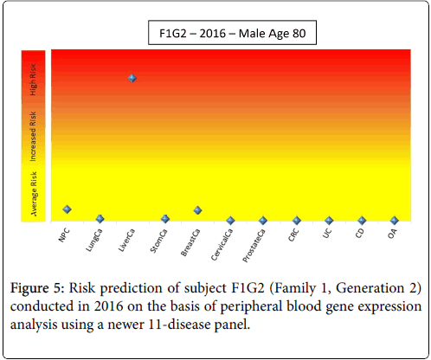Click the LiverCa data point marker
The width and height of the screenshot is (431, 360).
pos(132,78)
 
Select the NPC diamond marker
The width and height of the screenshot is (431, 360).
pos(67,209)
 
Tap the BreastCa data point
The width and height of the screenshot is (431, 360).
pos(197,210)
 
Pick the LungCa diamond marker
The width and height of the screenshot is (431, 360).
pos(100,219)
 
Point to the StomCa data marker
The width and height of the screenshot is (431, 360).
pos(165,219)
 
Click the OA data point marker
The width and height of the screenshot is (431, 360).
pos(395,221)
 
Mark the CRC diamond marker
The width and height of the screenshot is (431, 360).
pos(297,221)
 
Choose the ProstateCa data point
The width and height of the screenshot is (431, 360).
pos(263,221)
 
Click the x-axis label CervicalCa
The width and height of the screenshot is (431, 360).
pos(222,244)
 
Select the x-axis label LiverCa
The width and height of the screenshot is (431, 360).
pos(126,240)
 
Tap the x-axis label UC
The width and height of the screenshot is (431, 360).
pos(327,233)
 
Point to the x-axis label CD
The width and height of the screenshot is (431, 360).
pos(360,233)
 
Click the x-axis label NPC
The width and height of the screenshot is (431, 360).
pos(64,235)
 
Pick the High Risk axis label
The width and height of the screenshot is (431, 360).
pos(33,80)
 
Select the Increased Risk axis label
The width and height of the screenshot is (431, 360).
pos(33,136)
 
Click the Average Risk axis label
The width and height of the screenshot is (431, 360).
pos(34,194)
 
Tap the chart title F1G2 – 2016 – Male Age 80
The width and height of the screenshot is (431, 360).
pos(233,33)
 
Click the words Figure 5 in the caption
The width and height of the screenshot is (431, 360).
pos(37,288)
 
